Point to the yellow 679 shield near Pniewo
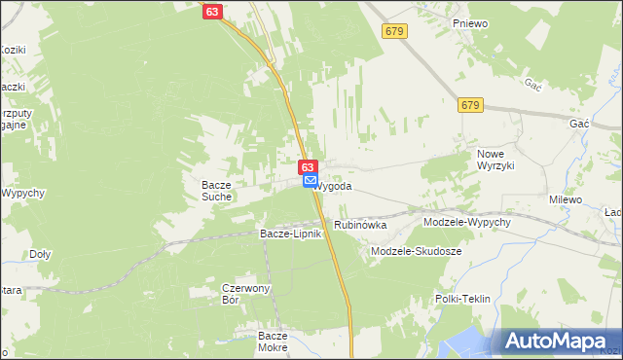pos(393,33)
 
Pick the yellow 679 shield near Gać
pos(470,104)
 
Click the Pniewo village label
pos(469,20)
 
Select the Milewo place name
pos(566,199)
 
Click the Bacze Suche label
pos(216,190)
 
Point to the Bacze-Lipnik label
pos(290,234)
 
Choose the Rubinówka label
pos(360,225)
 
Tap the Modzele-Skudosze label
pos(417,251)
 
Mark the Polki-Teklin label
pos(462,299)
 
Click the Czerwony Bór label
pos(243,293)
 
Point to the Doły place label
pos(40,254)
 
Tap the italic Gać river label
pos(531,86)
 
